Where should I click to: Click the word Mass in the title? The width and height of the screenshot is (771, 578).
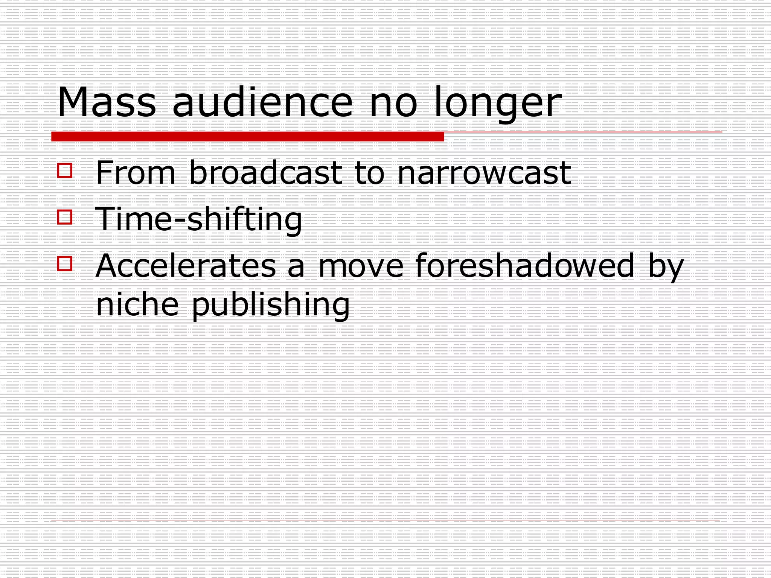tap(106, 102)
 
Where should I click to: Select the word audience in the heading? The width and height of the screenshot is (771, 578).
tap(262, 102)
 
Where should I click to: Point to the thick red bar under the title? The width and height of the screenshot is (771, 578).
tap(247, 137)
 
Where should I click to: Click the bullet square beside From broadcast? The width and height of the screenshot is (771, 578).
tap(65, 170)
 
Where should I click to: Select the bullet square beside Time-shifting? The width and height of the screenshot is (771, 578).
tap(65, 217)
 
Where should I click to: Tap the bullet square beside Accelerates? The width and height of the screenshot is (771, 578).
tap(65, 263)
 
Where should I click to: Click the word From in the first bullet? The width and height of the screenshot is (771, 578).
tap(136, 173)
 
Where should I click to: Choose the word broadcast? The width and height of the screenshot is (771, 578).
tap(266, 173)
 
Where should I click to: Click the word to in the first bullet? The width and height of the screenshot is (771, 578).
tap(369, 173)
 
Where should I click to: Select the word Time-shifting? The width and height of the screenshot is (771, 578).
tap(199, 220)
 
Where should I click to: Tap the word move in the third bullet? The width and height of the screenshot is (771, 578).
tap(361, 266)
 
